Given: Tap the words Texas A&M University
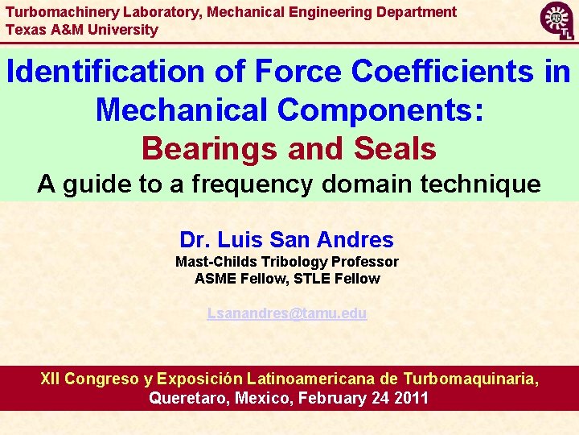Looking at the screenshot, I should [x=82, y=30].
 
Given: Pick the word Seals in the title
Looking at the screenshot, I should [x=395, y=148].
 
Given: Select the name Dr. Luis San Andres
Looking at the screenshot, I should [x=287, y=239].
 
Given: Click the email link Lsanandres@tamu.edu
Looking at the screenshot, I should [x=287, y=313].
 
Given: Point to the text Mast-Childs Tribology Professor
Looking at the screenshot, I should [x=287, y=262].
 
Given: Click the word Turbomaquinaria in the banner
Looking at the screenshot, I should [x=470, y=379].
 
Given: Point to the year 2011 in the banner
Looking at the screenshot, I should [x=411, y=398].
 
